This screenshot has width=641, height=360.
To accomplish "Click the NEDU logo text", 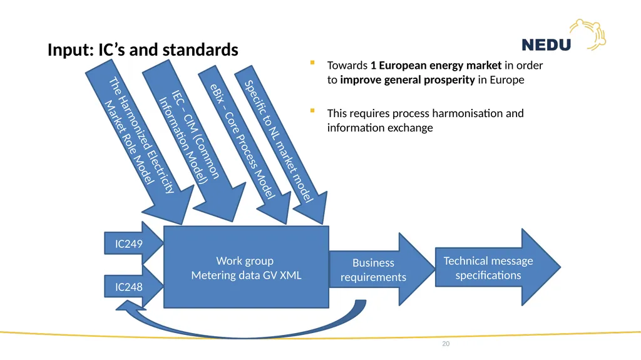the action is pos(546,44).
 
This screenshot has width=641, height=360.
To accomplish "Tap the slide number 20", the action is pos(446,344).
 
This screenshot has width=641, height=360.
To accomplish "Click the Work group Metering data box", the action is pos(246,267).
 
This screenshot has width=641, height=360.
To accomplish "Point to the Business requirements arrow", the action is pos(382,269).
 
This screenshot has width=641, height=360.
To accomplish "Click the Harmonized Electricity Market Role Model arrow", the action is pos(140,141).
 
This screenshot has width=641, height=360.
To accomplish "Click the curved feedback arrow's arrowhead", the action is pos(129,306).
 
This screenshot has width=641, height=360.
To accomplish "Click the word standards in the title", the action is pos(200,50).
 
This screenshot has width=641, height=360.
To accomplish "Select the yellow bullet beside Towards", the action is pos(312,63).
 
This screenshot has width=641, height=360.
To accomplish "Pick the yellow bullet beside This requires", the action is pos(312,110).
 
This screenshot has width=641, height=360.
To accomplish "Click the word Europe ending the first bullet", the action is pos(507,80).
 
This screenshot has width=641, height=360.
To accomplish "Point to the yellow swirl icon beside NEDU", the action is pos(588,34).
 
